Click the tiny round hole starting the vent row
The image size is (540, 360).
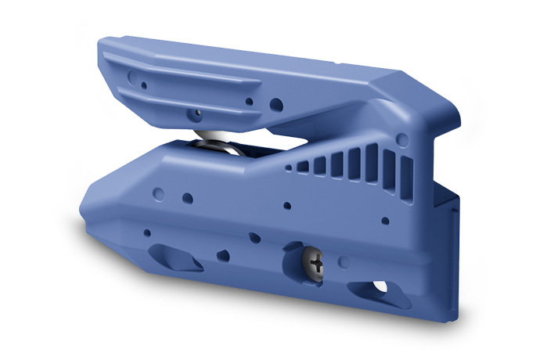pos(288,167)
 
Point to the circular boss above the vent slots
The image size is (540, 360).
pos(402,139)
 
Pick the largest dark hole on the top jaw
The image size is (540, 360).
pos(276,103)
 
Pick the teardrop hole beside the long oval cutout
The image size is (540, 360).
pos(222,254)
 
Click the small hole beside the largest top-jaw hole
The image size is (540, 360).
pos(249,101)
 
